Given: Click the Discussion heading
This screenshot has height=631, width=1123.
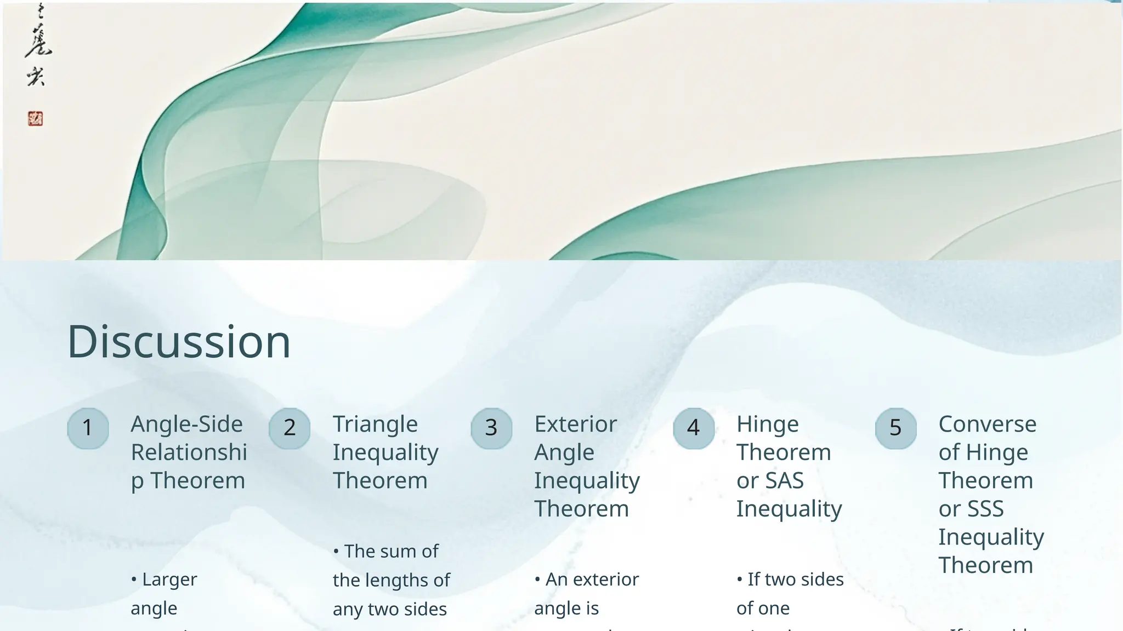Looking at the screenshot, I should (179, 342).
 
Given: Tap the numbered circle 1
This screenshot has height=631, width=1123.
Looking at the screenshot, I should (88, 428).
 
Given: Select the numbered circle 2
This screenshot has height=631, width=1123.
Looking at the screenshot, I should (290, 428).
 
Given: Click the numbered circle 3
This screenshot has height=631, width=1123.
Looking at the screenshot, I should (491, 428).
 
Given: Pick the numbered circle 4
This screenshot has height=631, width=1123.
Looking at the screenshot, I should (694, 428).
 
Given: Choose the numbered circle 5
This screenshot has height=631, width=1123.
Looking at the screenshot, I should (895, 428).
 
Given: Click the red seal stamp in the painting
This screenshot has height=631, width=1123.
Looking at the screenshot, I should (36, 119).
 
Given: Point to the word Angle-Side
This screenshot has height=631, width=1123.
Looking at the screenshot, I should (186, 425).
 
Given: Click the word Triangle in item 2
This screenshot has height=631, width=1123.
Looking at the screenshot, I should (375, 425).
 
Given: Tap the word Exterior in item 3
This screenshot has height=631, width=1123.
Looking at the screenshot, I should (576, 425).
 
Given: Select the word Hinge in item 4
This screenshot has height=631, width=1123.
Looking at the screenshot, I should (767, 425).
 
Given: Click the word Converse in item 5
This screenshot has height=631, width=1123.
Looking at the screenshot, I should (987, 425).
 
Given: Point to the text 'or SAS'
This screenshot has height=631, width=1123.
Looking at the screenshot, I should (770, 481).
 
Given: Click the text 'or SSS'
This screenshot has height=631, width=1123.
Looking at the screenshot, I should (971, 509).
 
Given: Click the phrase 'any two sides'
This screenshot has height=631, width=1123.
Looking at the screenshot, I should (389, 609).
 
